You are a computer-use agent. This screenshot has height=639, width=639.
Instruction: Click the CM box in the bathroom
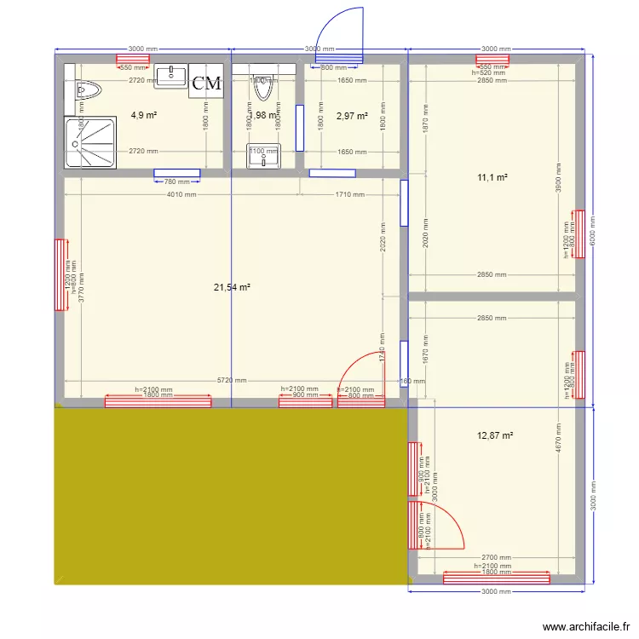click(x=206, y=83)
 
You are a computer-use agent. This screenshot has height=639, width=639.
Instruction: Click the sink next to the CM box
click(x=171, y=76)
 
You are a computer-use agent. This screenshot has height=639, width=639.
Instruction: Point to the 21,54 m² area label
click(x=232, y=288)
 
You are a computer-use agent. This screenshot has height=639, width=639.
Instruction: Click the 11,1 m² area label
click(x=492, y=177)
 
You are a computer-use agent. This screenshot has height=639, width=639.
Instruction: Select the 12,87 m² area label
click(x=495, y=435)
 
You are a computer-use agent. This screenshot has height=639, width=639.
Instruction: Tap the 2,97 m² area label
click(x=352, y=116)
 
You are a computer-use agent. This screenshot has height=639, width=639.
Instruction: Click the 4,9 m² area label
click(x=143, y=114)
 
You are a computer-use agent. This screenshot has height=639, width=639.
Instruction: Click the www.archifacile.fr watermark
click(x=584, y=625)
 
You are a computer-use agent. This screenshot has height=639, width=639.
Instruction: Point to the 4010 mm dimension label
click(x=180, y=194)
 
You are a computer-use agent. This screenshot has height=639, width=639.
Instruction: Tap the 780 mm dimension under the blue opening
click(x=177, y=181)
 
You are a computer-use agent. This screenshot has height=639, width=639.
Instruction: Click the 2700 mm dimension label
click(x=494, y=557)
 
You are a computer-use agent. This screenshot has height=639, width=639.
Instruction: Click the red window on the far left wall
click(x=60, y=275)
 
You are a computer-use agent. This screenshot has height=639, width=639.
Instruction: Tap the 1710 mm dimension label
click(x=349, y=194)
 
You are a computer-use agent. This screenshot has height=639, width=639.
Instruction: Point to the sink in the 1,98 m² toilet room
click(x=262, y=154)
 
